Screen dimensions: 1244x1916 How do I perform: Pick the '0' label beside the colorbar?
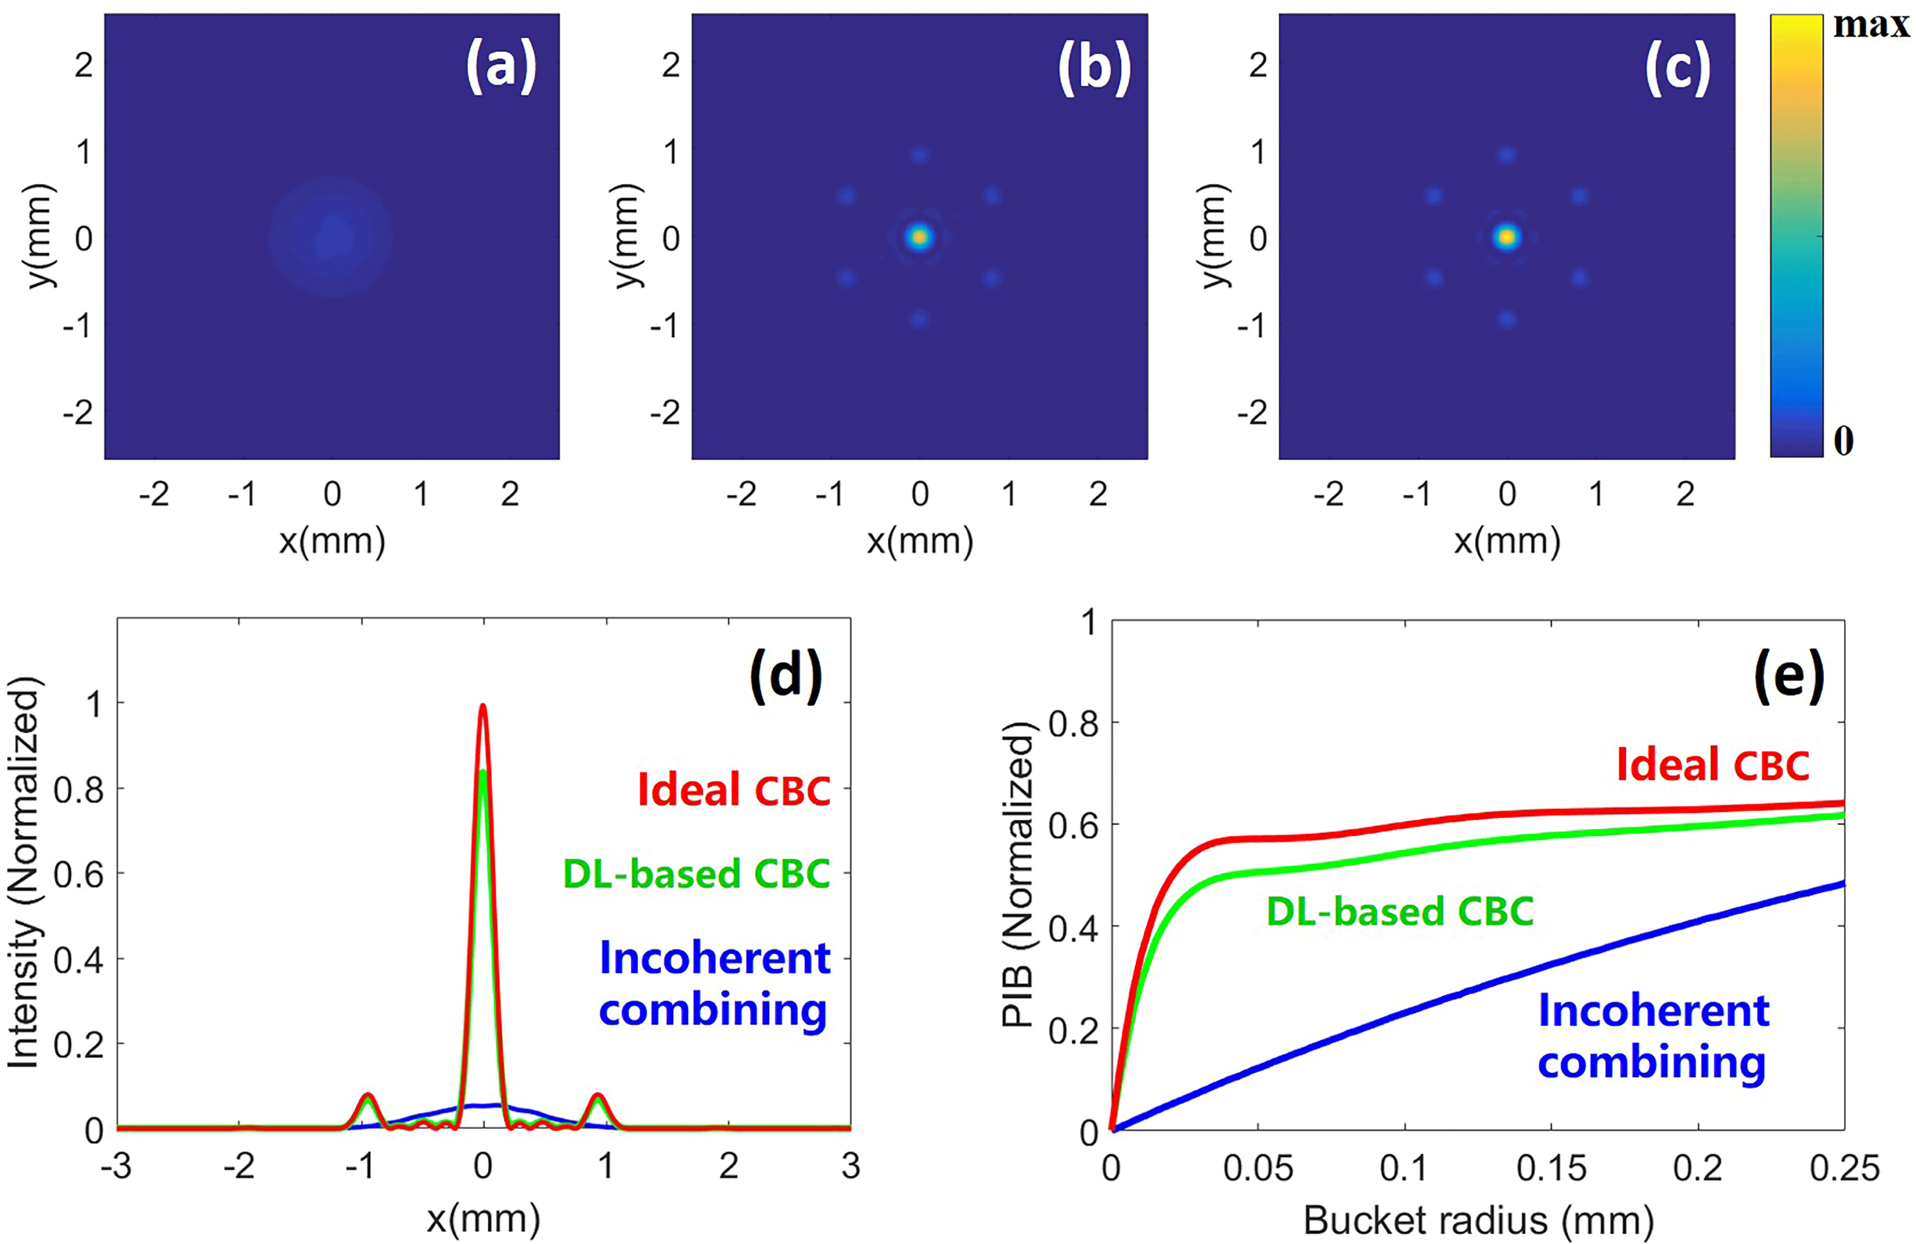pyautogui.click(x=1844, y=441)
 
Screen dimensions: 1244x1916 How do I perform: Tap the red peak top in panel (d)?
pyautogui.click(x=483, y=707)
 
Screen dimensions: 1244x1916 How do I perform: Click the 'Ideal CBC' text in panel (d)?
pyautogui.click(x=733, y=790)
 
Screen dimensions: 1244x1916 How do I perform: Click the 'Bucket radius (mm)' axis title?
pyautogui.click(x=1478, y=1220)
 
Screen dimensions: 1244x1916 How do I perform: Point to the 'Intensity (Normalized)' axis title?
pyautogui.click(x=24, y=873)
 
